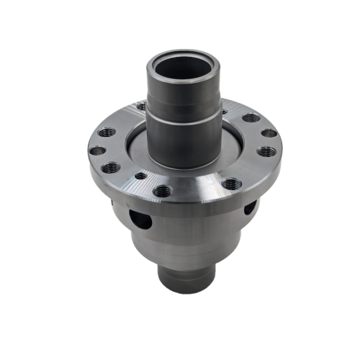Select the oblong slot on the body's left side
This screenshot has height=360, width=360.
[143, 218]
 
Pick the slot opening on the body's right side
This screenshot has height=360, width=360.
[249, 209]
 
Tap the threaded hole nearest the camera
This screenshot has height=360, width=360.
[163, 191]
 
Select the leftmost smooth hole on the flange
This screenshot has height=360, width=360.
[96, 152]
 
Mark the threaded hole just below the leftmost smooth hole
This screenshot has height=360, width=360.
[111, 168]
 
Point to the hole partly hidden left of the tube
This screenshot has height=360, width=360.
[142, 107]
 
